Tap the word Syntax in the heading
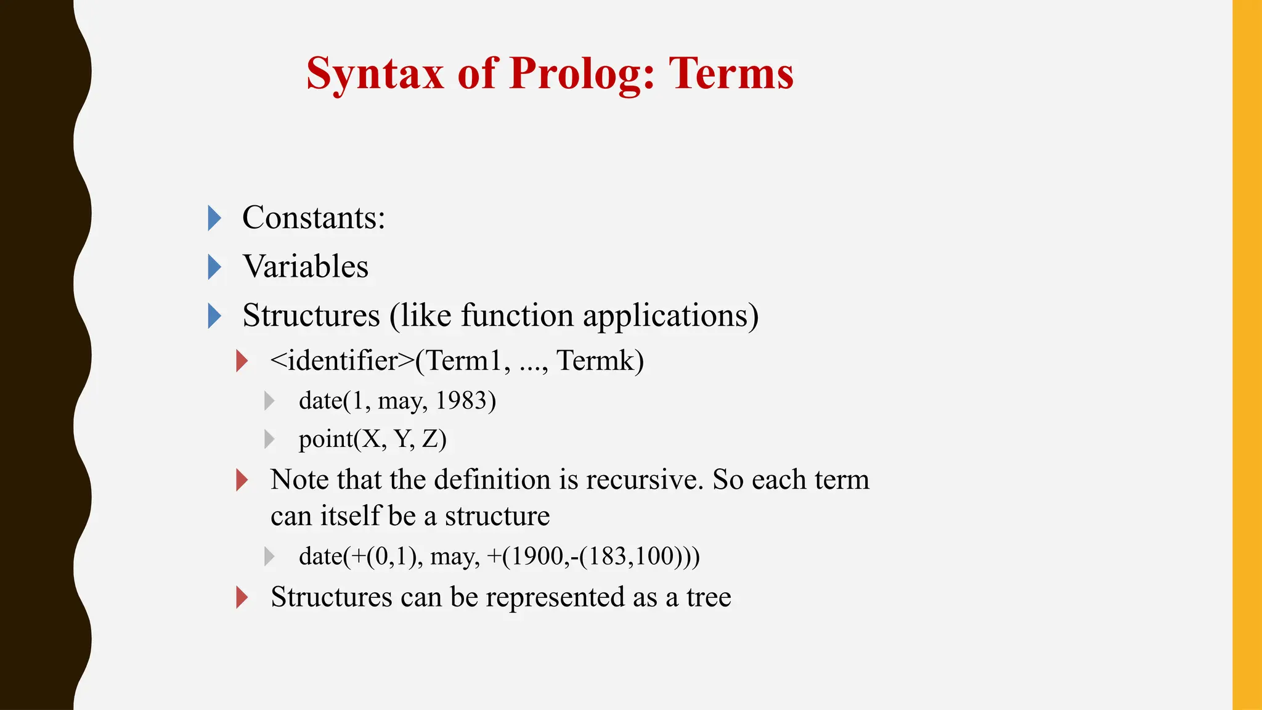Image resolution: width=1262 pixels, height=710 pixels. tap(375, 74)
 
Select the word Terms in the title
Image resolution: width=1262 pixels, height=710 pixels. tap(731, 74)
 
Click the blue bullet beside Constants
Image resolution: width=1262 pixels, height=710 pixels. tap(214, 218)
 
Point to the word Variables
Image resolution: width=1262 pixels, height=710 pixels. tap(306, 267)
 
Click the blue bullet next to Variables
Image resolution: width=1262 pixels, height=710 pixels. tap(214, 267)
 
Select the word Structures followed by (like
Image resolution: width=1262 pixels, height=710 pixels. tap(311, 316)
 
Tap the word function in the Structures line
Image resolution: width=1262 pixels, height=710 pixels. tap(517, 316)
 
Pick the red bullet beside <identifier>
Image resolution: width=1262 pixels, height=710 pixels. tap(242, 361)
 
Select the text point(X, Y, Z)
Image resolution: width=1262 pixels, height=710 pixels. tap(372, 439)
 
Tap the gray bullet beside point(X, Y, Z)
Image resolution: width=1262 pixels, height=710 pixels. tap(269, 439)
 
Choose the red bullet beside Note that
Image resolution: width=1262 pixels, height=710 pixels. tap(242, 480)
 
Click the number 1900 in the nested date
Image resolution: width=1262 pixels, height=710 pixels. tap(535, 556)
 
